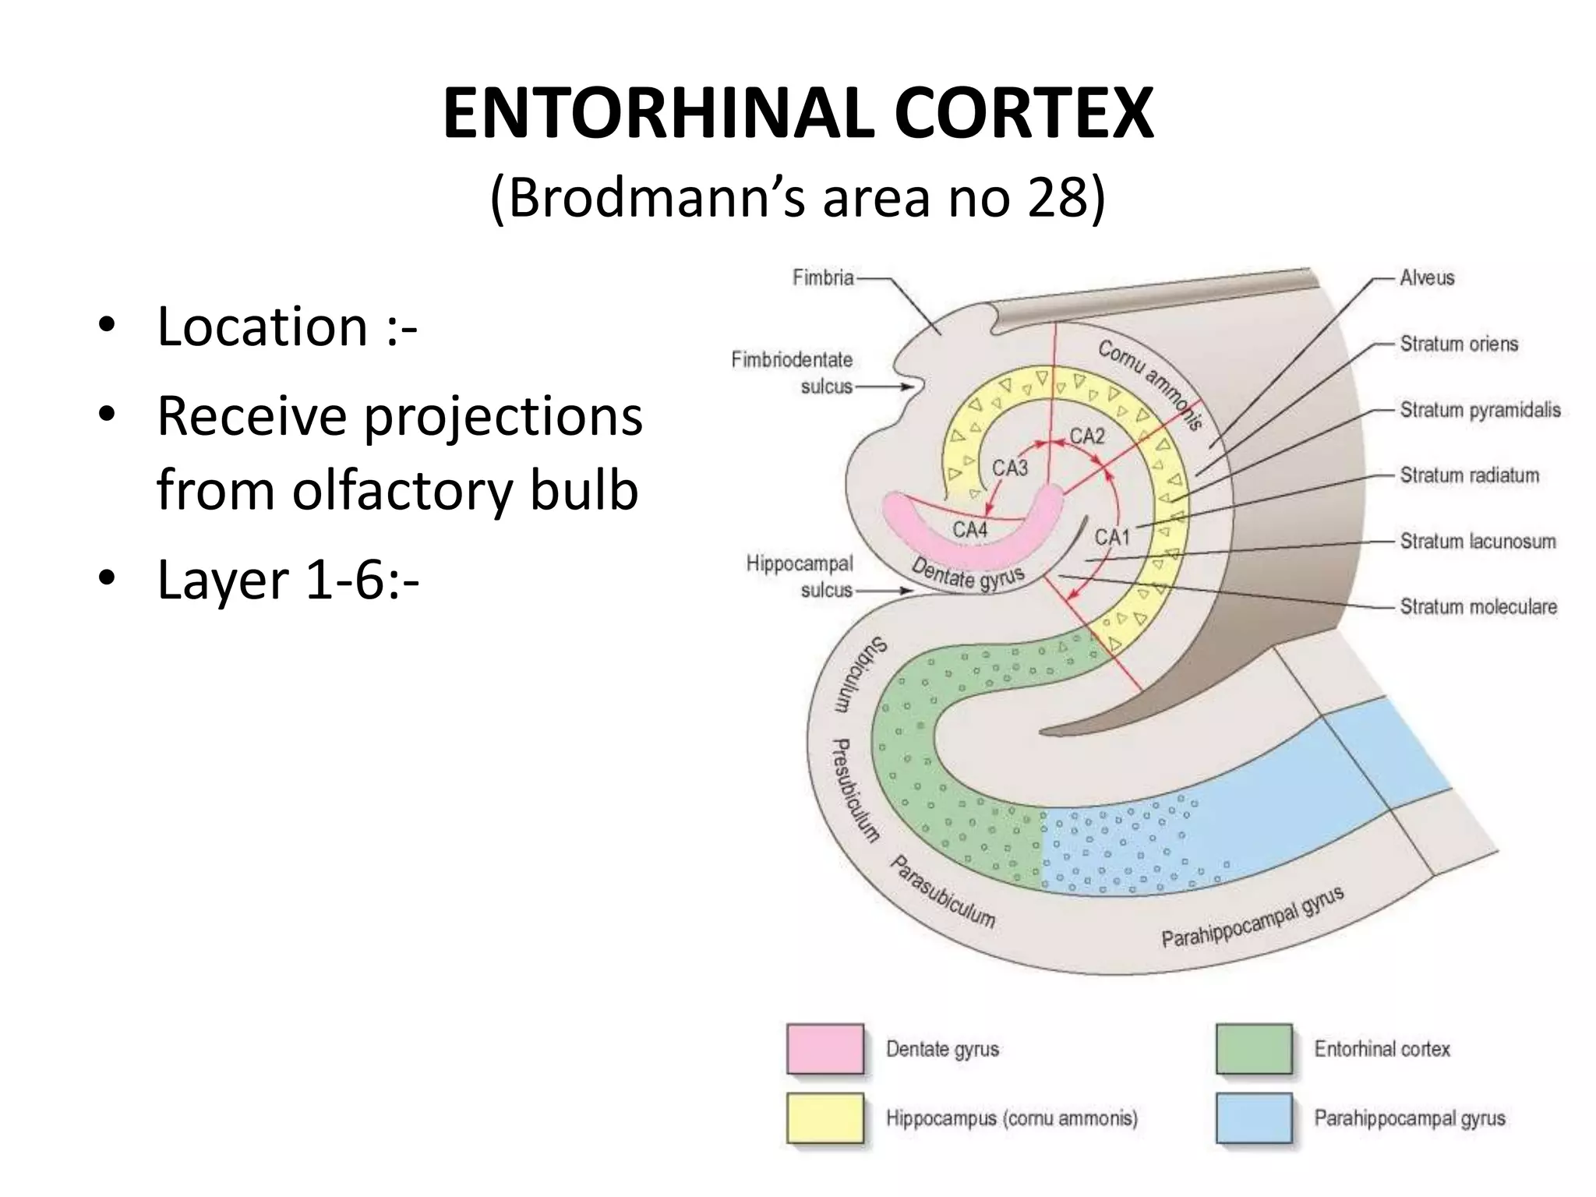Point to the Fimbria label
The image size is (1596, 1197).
click(x=823, y=277)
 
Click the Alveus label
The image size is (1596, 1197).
click(x=1427, y=277)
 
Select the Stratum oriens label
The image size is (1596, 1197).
click(x=1459, y=344)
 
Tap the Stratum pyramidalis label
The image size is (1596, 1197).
click(x=1480, y=410)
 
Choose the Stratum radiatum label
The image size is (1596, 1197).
click(x=1470, y=475)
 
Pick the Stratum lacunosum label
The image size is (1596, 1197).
click(x=1478, y=541)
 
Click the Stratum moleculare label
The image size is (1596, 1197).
click(x=1478, y=606)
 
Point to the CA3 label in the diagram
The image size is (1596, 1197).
click(x=1010, y=468)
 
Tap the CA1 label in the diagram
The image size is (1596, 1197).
click(x=1112, y=537)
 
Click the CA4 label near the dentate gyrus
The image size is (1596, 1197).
click(x=970, y=530)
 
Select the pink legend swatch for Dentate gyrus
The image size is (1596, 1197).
click(x=825, y=1049)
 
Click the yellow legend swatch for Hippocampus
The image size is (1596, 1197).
click(x=825, y=1118)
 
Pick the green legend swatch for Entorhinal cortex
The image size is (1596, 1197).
click(x=1254, y=1049)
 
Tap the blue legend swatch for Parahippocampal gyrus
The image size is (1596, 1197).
click(x=1254, y=1118)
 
